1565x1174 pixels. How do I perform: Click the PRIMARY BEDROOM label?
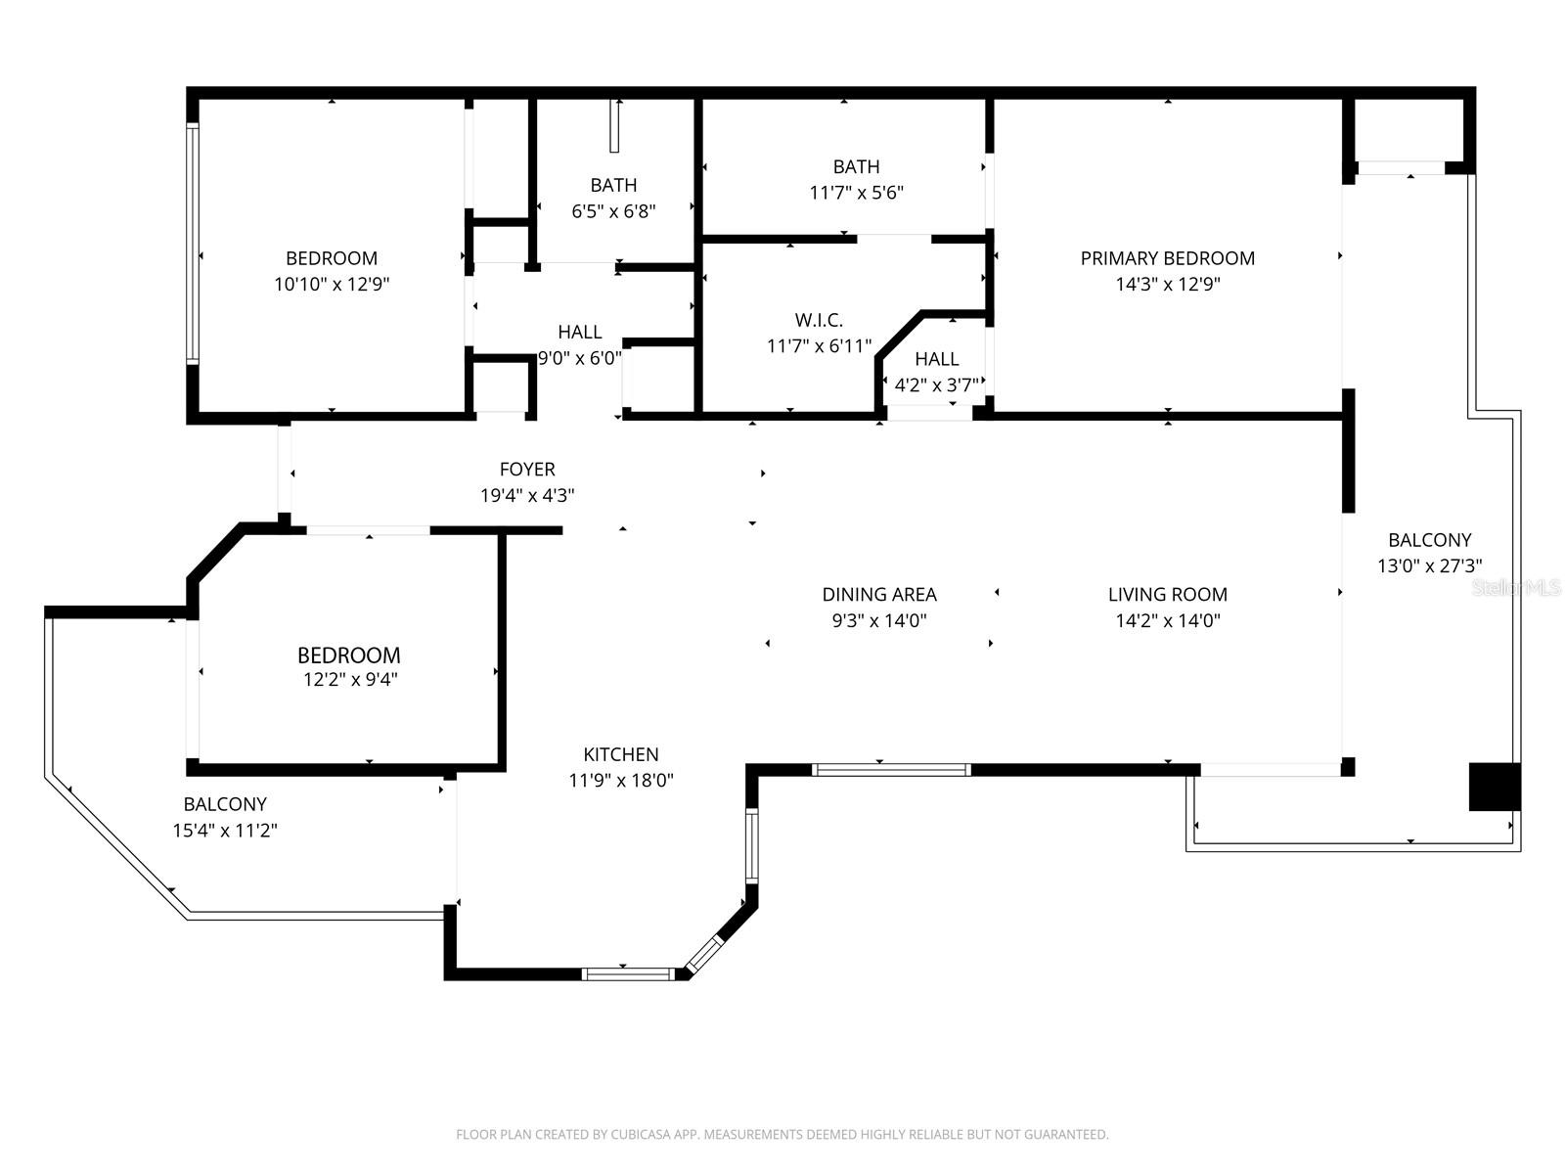point(1167,258)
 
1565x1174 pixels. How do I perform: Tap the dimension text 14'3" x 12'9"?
point(1167,285)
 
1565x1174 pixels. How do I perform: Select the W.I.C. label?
point(819,320)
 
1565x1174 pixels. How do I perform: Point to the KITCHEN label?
point(621,754)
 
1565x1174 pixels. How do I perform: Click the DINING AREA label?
point(879,594)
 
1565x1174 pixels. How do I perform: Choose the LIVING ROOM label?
point(1167,594)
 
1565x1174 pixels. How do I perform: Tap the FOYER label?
point(527,470)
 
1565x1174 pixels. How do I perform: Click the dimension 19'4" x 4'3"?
point(527,496)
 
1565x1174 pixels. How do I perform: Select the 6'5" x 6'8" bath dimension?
point(613,210)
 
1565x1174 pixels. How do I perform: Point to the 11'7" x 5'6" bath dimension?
point(856,193)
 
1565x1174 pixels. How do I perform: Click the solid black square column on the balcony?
point(1495,787)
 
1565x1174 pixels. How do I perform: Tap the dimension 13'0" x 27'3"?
point(1429,565)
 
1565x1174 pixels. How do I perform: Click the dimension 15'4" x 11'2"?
point(225,831)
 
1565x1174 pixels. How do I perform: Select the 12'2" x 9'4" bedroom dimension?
point(349,680)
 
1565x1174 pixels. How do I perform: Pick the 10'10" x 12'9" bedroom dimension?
point(332,285)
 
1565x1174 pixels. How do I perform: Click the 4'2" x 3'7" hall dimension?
point(936,384)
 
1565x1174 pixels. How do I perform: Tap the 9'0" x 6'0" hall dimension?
point(580,358)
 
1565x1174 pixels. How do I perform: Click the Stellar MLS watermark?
point(1516,588)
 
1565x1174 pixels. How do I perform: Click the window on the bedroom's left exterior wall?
point(193,244)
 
